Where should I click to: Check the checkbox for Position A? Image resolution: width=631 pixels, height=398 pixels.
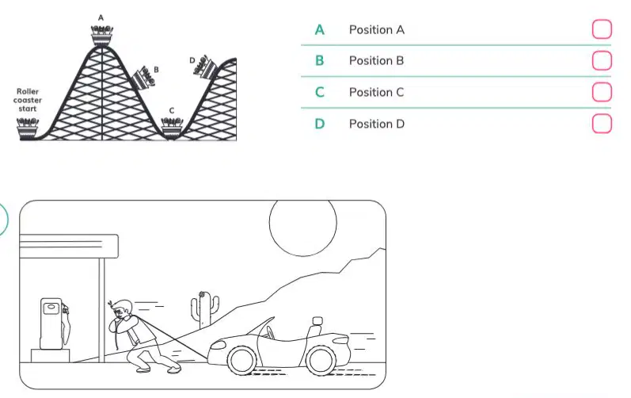602,29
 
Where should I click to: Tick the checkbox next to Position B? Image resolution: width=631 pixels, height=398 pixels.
602,60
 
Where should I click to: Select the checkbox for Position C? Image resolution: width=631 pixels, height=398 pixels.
602,92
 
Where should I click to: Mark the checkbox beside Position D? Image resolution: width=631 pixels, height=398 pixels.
602,123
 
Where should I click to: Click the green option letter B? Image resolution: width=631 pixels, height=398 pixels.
320,61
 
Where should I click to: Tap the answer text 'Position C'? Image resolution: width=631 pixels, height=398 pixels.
376,92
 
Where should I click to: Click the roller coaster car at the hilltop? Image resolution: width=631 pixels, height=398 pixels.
102,36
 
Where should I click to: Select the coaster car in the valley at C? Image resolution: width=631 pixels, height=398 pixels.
172,128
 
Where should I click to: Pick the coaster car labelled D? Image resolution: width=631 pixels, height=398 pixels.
206,67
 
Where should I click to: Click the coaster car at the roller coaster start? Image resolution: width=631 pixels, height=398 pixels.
28,128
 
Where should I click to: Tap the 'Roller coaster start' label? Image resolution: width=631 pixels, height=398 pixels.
28,100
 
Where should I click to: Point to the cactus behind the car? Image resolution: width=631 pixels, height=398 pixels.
205,308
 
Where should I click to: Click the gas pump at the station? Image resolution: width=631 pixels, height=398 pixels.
55,323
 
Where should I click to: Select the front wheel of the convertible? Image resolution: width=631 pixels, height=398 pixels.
241,360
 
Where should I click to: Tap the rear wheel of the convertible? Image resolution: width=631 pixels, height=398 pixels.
321,359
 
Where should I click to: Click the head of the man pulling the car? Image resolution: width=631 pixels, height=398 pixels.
121,310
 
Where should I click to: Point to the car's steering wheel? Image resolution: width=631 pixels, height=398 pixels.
270,333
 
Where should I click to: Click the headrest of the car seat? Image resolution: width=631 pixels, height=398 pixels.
317,321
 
